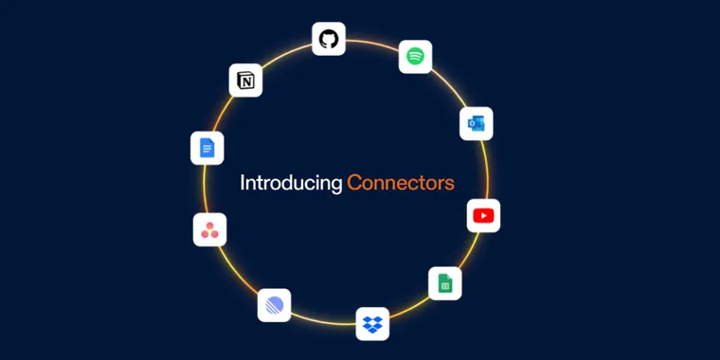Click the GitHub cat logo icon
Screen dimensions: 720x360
point(329,39)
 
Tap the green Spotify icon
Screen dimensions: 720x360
point(415,57)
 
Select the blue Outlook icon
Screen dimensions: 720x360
point(476,124)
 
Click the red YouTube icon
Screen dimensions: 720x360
point(483,216)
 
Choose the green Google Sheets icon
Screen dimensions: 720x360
point(444,284)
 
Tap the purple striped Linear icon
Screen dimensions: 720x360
point(274,305)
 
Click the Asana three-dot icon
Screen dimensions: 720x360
point(209,229)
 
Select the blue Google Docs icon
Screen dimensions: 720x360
point(207,148)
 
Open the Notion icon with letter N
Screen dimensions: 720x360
point(245,81)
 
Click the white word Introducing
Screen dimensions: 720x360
point(290,183)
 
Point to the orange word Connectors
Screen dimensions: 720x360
point(400,183)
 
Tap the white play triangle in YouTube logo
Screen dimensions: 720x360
point(483,216)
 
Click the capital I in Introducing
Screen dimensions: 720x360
point(243,182)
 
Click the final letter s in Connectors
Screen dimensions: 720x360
point(449,184)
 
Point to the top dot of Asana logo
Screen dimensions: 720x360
point(209,224)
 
